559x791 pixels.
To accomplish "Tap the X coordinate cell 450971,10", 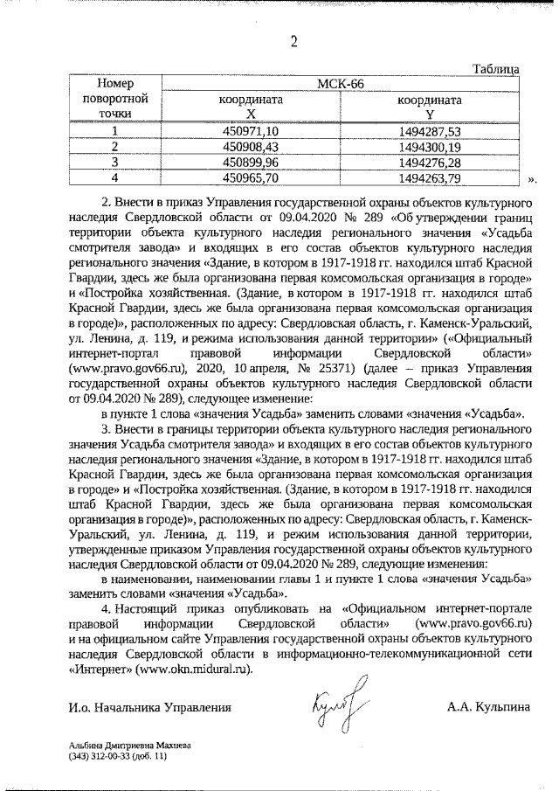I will tap(250, 131).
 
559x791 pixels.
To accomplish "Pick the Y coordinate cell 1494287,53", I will tap(428, 131).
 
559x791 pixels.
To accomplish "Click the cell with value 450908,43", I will tap(250, 147).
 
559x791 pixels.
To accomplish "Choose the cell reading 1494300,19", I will tap(428, 147).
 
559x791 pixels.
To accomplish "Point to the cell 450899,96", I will tap(250, 163).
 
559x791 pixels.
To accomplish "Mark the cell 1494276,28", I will tap(428, 163).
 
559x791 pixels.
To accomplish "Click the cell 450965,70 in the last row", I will tap(250, 178).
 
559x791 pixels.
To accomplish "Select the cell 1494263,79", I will tap(428, 178).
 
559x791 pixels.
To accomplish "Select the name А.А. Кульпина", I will tap(487, 707).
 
